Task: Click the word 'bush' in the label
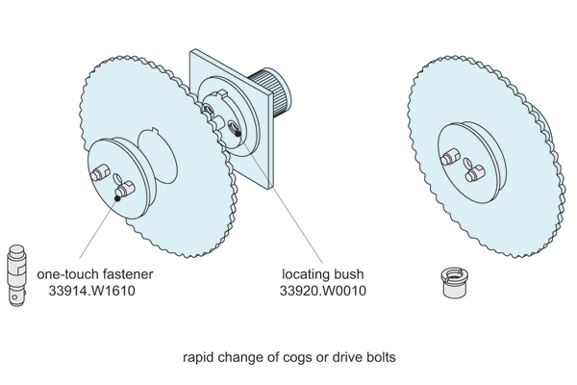click(350, 273)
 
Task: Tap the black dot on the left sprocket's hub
click(117, 199)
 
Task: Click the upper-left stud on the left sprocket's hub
click(99, 174)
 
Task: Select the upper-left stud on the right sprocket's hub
click(448, 157)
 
